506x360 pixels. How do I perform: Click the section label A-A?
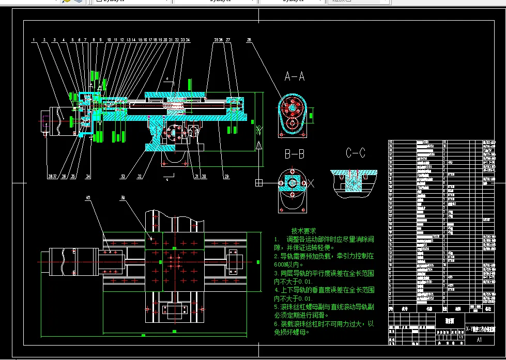(295, 77)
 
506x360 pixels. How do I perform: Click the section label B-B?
(294, 154)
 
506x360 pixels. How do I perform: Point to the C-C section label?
(355, 153)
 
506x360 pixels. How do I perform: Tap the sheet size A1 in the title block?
(479, 340)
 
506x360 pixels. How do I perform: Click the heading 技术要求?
(304, 231)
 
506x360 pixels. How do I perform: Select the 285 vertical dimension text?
(258, 129)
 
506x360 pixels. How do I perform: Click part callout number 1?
(33, 40)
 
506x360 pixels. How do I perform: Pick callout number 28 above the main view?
(249, 40)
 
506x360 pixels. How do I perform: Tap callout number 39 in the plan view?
(122, 198)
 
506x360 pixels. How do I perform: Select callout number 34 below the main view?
(88, 177)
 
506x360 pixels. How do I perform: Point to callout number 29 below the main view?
(226, 177)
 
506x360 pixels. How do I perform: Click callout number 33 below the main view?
(122, 177)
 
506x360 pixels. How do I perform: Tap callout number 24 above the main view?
(188, 40)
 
